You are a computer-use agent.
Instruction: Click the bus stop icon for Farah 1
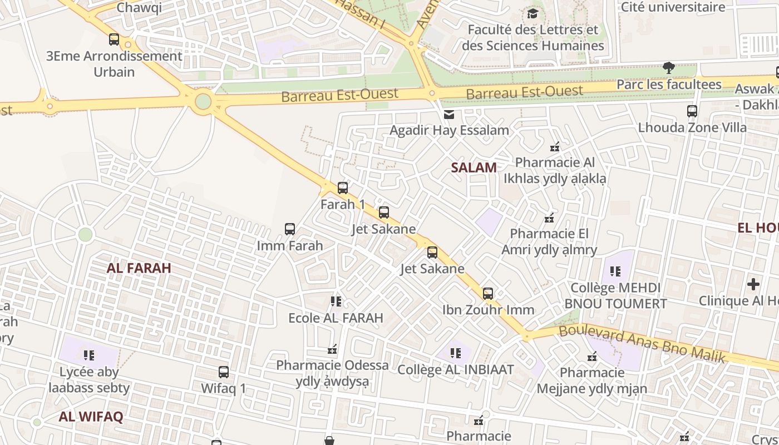coord(343,188)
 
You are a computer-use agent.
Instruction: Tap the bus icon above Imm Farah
coord(290,229)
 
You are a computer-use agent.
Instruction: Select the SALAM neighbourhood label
coord(474,167)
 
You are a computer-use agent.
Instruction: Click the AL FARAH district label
coord(139,268)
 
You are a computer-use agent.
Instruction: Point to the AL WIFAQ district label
coord(91,417)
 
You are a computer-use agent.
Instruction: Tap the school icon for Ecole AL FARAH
coord(336,301)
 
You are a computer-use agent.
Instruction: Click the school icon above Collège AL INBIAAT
coord(456,353)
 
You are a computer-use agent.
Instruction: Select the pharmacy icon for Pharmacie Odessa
coord(332,349)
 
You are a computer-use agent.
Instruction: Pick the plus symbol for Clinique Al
coord(753,284)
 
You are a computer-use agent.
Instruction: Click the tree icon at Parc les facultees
coord(669,68)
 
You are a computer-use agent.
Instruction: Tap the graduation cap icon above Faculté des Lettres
coord(533,13)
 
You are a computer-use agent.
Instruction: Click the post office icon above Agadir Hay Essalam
coord(448,114)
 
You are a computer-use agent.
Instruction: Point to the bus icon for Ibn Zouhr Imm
coord(488,293)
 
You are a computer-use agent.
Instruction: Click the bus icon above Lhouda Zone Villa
coord(692,111)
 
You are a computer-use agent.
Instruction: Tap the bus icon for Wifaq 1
coord(224,372)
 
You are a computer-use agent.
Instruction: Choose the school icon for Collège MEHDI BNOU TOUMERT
coord(615,271)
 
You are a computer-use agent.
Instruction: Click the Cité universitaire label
coord(673,7)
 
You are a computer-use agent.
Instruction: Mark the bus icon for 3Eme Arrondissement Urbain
coord(114,39)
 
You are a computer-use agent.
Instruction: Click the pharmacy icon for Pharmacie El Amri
coord(550,217)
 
